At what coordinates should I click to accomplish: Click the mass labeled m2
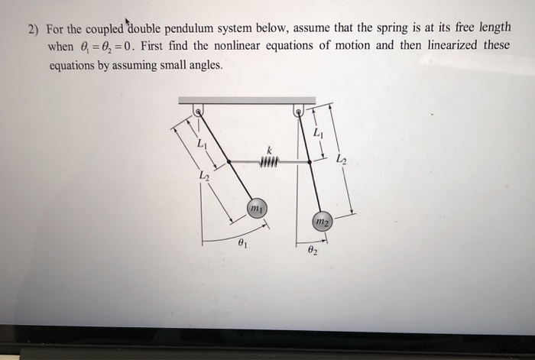click(x=322, y=221)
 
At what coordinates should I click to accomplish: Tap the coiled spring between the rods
click(x=268, y=161)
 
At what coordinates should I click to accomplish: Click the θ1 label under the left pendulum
click(x=242, y=245)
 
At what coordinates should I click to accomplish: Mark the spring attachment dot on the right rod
click(x=309, y=161)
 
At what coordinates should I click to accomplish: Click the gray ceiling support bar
click(x=246, y=99)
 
